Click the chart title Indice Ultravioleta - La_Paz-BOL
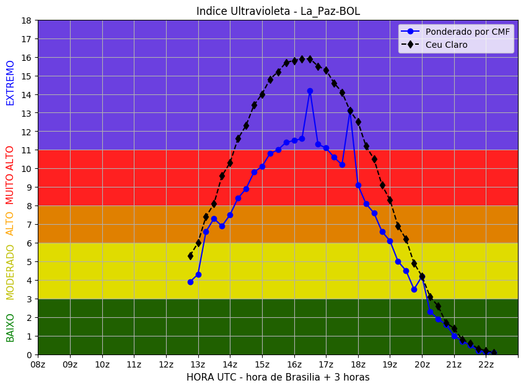pyautogui.click(x=278, y=11)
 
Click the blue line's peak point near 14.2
pyautogui.click(x=310, y=91)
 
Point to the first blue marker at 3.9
pyautogui.click(x=190, y=282)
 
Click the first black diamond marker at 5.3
pyautogui.click(x=190, y=256)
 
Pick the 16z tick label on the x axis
pyautogui.click(x=294, y=364)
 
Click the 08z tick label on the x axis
pyautogui.click(x=38, y=364)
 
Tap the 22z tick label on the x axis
pyautogui.click(x=486, y=364)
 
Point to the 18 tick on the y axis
pyautogui.click(x=26, y=20)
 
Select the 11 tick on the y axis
pyautogui.click(x=26, y=150)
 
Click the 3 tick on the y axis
pyautogui.click(x=28, y=299)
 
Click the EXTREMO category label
pyautogui.click(x=11, y=83)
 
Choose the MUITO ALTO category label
pyautogui.click(x=11, y=175)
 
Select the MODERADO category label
pyautogui.click(x=11, y=272)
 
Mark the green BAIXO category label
pyautogui.click(x=11, y=328)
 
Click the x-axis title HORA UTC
pyautogui.click(x=278, y=377)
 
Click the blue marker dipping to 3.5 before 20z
pyautogui.click(x=414, y=289)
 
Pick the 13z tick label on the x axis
pyautogui.click(x=198, y=364)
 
